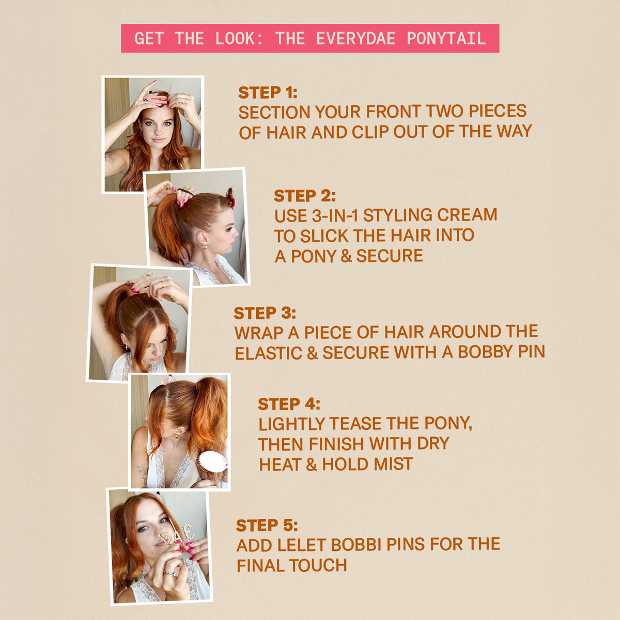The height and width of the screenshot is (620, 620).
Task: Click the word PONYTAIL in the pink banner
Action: [446, 38]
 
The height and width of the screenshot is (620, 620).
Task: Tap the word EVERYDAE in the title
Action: [355, 38]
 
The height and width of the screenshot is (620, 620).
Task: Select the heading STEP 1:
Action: [268, 92]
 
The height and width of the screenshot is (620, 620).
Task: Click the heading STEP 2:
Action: [305, 196]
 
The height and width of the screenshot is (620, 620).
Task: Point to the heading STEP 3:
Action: [265, 313]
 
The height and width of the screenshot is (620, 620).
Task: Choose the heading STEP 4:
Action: [289, 404]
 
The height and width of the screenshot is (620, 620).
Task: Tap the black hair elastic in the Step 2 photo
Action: [184, 193]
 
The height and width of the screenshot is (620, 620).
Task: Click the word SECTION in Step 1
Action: [274, 112]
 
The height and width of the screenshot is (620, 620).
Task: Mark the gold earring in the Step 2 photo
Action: [205, 246]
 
